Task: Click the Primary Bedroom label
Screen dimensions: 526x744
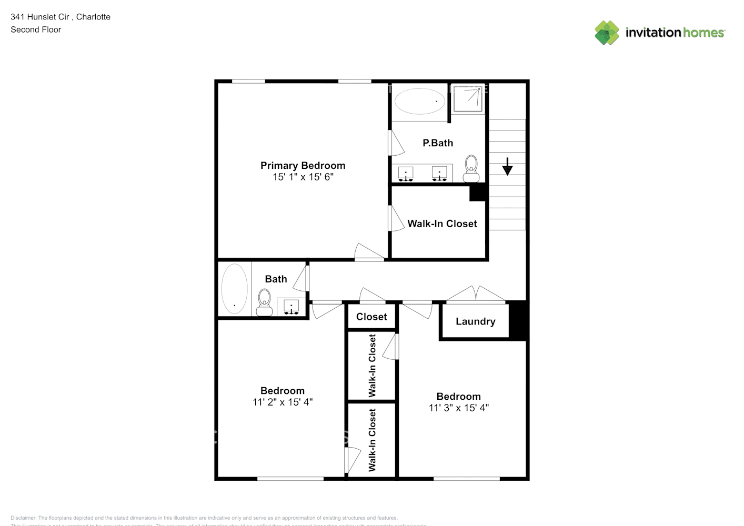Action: pos(303,165)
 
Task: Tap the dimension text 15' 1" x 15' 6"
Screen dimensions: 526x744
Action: pos(303,177)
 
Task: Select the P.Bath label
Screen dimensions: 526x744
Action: pos(437,143)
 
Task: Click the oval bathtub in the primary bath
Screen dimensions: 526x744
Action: pos(419,101)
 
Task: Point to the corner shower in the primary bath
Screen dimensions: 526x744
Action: pos(468,99)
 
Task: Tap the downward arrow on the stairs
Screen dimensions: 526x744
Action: pos(507,166)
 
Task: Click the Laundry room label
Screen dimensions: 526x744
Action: pos(475,321)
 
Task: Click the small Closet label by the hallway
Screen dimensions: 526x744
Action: pos(371,317)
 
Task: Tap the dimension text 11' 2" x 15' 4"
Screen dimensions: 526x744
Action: pos(283,402)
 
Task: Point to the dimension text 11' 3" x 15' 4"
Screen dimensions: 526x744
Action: pos(458,408)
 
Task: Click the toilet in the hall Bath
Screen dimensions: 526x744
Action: pos(264,302)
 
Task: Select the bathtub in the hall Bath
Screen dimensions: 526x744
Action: pos(234,289)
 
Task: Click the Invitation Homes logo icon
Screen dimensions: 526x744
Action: pos(607,33)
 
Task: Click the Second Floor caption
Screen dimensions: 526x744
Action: pos(36,29)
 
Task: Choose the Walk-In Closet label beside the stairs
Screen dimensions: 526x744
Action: pos(442,224)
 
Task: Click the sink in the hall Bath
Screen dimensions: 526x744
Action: pos(291,307)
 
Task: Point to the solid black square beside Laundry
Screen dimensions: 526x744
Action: pos(518,320)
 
